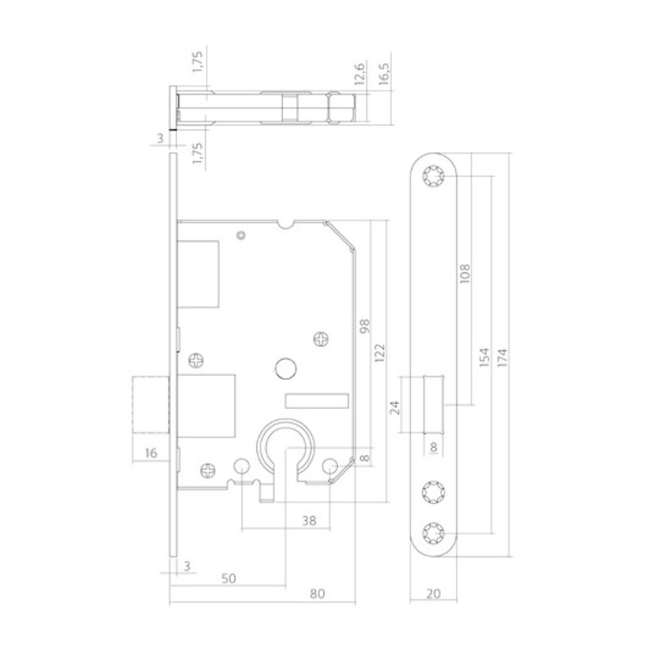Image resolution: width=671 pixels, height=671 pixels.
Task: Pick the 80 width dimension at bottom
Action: [318, 594]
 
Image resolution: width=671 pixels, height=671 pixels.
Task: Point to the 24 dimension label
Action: [395, 407]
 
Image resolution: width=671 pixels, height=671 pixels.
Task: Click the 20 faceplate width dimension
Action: [433, 594]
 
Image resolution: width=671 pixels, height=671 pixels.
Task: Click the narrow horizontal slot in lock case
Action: [317, 401]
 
